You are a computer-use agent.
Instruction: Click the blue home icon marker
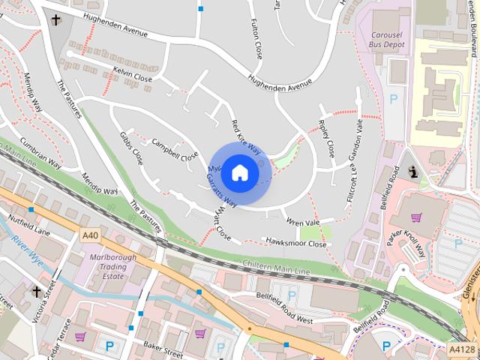(x=239, y=172)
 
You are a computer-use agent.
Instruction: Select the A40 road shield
(x=90, y=235)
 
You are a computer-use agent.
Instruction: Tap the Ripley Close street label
(x=326, y=138)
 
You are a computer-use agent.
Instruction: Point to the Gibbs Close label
(x=131, y=148)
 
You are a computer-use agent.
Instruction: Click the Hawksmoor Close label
(x=295, y=243)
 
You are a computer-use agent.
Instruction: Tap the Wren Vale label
(x=303, y=222)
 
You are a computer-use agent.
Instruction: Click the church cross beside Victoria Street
(x=35, y=290)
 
